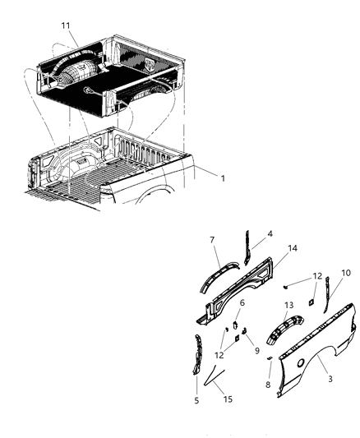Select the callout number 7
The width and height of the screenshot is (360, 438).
pos(212,240)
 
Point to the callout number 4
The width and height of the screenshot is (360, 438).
pos(270,234)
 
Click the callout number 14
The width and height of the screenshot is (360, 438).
pos(293,247)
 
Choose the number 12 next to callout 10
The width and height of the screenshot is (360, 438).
pos(317,276)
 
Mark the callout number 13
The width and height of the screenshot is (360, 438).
pos(288,306)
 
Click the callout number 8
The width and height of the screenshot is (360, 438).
pos(268,385)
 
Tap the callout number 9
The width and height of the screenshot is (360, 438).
pos(256,350)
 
